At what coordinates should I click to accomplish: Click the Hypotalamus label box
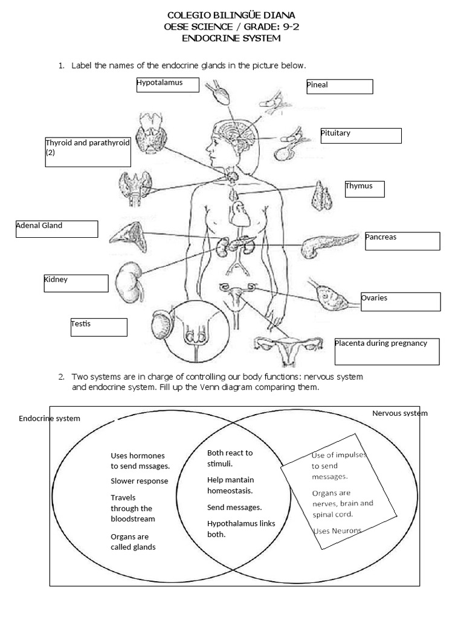pos(167,85)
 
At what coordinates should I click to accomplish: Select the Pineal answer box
pos(339,86)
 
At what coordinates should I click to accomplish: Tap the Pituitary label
pos(361,135)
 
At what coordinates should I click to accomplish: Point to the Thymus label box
pos(364,189)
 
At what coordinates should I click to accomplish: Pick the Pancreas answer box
pos(402,240)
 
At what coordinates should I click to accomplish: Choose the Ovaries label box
pos(400,301)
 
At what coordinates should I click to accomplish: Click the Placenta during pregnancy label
pos(386,351)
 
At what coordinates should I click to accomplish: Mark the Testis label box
pos(98,327)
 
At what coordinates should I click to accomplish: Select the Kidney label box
pos(76,283)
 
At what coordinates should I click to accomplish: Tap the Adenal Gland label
pos(56,229)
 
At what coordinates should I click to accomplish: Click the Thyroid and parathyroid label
pos(88,152)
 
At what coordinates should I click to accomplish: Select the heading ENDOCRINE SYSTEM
pos(231,39)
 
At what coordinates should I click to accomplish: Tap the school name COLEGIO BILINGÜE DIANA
pos(231,14)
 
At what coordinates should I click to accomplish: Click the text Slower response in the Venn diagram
pos(139,481)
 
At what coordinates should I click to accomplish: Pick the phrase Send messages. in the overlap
pos(234,508)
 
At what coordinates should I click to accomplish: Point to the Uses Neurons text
pos(337,530)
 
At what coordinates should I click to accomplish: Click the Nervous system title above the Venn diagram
pos(399,413)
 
